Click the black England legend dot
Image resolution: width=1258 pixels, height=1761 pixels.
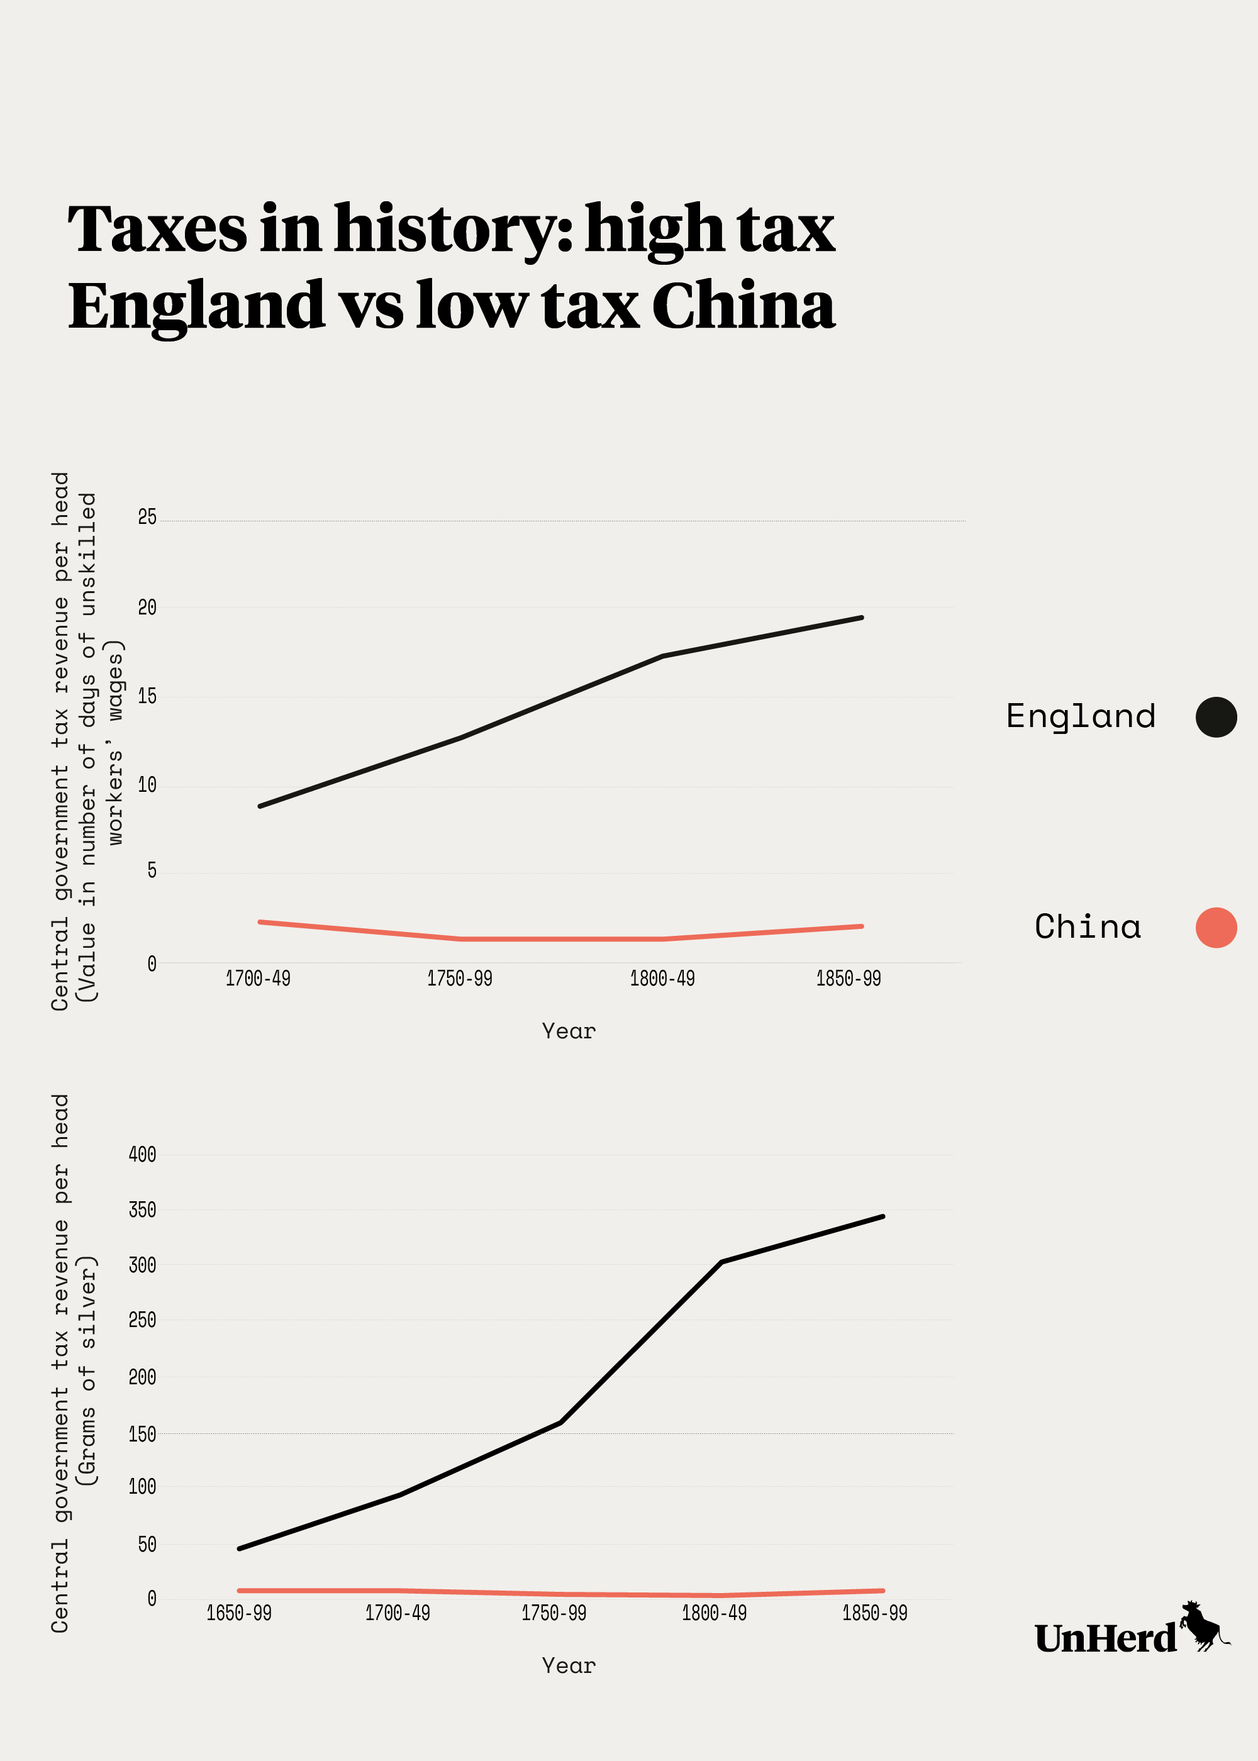pyautogui.click(x=1215, y=716)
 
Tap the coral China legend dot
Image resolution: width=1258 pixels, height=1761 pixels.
pyautogui.click(x=1215, y=927)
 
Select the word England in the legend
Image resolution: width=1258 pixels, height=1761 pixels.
pyautogui.click(x=1080, y=717)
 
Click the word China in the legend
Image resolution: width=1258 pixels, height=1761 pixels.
pyautogui.click(x=1088, y=927)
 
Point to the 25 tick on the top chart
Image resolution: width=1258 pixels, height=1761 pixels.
pyautogui.click(x=147, y=518)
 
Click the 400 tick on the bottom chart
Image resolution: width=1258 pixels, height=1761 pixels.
pyautogui.click(x=143, y=1155)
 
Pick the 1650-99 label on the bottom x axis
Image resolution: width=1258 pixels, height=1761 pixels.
pyautogui.click(x=238, y=1613)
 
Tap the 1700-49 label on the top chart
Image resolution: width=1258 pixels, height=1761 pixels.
pyautogui.click(x=258, y=979)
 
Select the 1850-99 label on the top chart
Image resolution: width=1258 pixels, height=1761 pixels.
pyautogui.click(x=849, y=979)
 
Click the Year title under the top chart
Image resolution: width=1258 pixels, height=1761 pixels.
pyautogui.click(x=569, y=1031)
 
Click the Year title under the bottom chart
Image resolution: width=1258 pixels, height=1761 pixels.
pyautogui.click(x=569, y=1666)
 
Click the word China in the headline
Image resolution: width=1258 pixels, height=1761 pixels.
pyautogui.click(x=743, y=306)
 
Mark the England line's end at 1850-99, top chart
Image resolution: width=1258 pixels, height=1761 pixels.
pyautogui.click(x=861, y=618)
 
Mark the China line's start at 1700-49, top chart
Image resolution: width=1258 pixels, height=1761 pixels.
pyautogui.click(x=260, y=921)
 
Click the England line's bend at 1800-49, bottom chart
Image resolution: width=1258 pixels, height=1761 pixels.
pyautogui.click(x=721, y=1262)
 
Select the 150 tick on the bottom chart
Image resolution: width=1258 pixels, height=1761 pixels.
pyautogui.click(x=143, y=1434)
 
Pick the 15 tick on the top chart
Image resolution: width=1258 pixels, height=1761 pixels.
pyautogui.click(x=147, y=696)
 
